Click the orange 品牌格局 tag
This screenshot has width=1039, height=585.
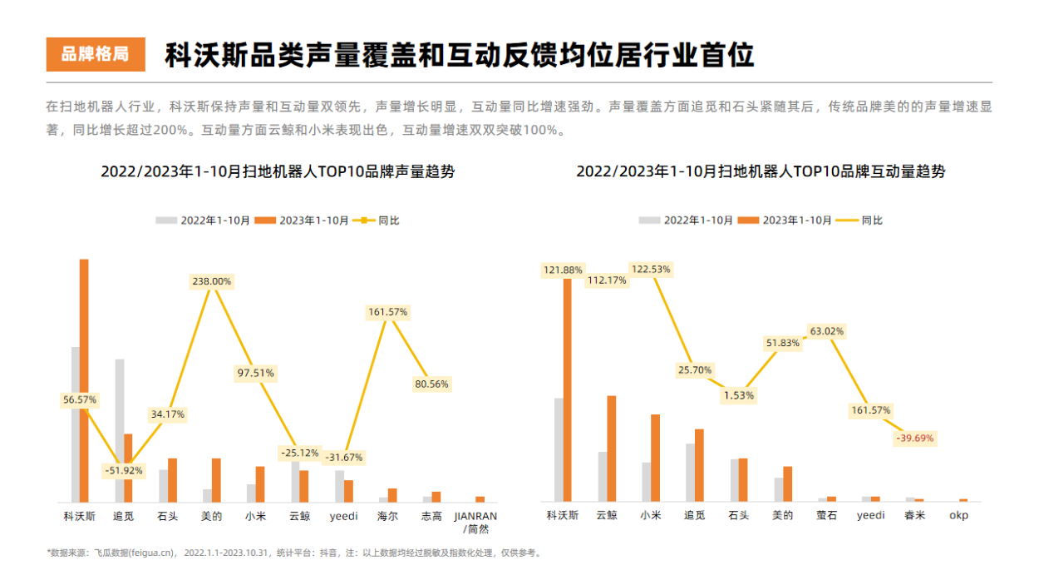pyautogui.click(x=96, y=55)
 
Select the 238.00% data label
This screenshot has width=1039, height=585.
pyautogui.click(x=211, y=281)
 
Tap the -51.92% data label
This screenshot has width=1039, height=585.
pyautogui.click(x=123, y=470)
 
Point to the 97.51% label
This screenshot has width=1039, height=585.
pyautogui.click(x=255, y=373)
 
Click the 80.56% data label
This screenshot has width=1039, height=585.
pyautogui.click(x=431, y=384)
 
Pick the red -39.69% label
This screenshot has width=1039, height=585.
pyautogui.click(x=914, y=438)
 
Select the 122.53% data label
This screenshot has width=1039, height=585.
pyautogui.click(x=651, y=270)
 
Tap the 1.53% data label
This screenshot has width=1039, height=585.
pyautogui.click(x=738, y=395)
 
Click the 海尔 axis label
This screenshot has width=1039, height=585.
pyautogui.click(x=387, y=516)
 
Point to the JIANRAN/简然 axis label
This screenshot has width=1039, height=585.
pyautogui.click(x=475, y=522)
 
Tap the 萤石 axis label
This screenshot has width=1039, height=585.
pyautogui.click(x=826, y=515)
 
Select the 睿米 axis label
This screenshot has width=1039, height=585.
pyautogui.click(x=914, y=515)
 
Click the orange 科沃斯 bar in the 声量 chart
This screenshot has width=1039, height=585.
pyautogui.click(x=84, y=380)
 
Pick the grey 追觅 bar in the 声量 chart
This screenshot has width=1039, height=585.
pyautogui.click(x=120, y=430)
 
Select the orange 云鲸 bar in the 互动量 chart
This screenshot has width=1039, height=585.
pyautogui.click(x=612, y=449)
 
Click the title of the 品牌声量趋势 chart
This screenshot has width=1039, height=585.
pyautogui.click(x=278, y=172)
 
